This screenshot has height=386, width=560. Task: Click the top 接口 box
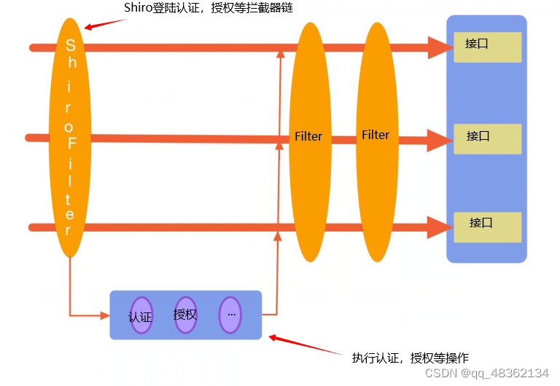coord(487,47)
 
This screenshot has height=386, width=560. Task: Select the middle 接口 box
coord(487,138)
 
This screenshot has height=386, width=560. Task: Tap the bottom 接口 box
coord(487,227)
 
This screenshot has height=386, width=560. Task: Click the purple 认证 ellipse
coord(141,316)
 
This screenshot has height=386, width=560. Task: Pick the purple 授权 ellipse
coord(186,315)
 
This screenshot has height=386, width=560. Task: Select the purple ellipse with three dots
coord(230,315)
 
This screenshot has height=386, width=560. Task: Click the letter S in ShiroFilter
coord(71,44)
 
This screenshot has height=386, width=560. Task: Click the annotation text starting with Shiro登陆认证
coord(201,8)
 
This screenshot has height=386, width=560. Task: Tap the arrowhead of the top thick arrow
coord(437,47)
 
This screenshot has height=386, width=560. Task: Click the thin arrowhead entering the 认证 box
coord(104,315)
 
